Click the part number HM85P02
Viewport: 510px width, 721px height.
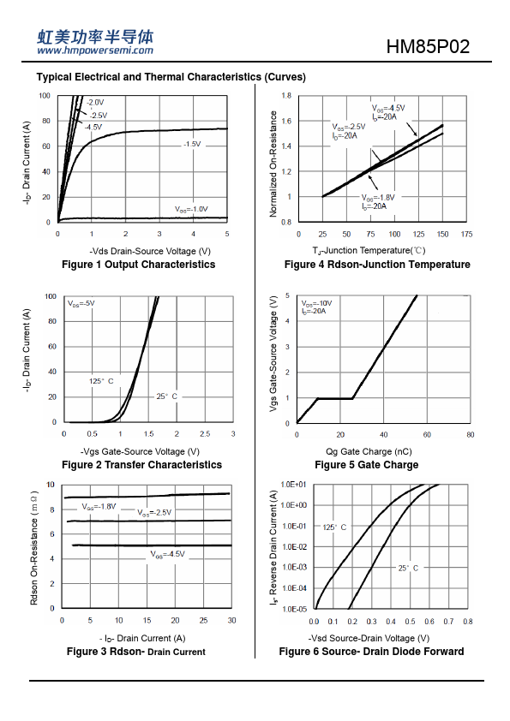point(428,47)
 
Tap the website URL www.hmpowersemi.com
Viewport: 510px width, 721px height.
point(95,51)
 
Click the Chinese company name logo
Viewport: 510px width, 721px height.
point(95,36)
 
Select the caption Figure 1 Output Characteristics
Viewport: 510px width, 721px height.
point(138,265)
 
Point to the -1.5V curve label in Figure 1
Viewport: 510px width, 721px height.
point(192,144)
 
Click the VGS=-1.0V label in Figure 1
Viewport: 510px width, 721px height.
point(191,209)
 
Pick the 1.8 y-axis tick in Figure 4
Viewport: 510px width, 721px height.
point(287,96)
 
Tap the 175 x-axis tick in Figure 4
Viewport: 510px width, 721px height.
point(466,234)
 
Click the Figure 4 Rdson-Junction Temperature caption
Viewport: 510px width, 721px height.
point(377,265)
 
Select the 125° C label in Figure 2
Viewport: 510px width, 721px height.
point(101,381)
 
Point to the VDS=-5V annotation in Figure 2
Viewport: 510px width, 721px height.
point(81,303)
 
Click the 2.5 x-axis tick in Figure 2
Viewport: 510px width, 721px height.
point(205,433)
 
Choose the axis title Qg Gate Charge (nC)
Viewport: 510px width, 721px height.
point(369,451)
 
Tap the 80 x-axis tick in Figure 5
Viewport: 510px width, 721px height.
point(470,434)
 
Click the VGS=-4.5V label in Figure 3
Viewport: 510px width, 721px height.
point(167,554)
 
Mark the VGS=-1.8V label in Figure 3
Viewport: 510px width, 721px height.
point(99,507)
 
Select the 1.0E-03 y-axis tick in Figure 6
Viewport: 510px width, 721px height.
point(294,568)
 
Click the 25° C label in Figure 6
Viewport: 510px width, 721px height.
point(408,568)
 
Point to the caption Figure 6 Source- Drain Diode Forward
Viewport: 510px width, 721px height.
point(371,652)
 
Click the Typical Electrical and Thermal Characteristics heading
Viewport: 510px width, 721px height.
point(171,77)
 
